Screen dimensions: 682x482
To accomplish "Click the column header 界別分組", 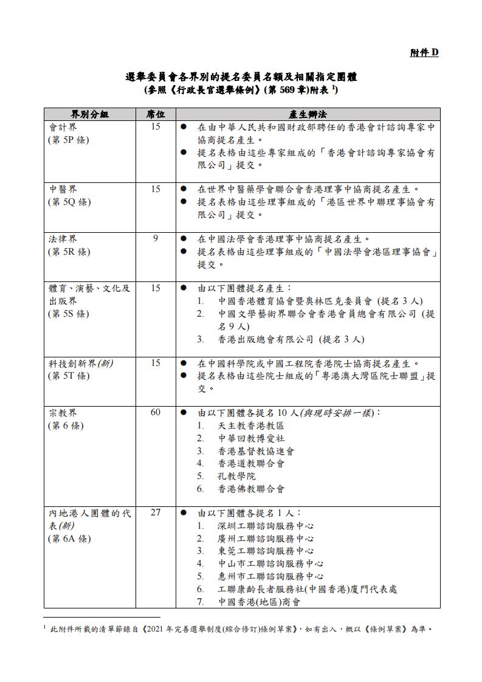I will coord(89,114).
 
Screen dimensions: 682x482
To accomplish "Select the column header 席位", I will coord(156,114).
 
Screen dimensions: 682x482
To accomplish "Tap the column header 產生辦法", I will coord(308,114).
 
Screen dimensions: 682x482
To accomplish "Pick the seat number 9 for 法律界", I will coord(156,239).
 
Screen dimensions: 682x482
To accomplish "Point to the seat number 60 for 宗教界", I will coord(156,413).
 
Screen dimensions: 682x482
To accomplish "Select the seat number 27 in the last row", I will coord(156,512).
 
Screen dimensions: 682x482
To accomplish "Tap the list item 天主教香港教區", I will coord(251,425).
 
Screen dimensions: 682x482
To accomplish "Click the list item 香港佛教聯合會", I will coord(251,489).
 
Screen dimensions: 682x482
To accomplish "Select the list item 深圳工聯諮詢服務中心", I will coord(266,526).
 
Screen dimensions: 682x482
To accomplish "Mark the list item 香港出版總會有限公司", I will coord(266,339).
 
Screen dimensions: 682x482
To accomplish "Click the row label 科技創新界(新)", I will coord(81,363).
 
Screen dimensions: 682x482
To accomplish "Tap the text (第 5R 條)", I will coord(69,252).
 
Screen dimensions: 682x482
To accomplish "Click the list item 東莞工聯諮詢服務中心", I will coord(266,551).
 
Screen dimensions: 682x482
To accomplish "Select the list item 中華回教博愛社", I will coord(251,438).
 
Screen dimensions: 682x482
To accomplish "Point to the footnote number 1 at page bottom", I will coord(45,626).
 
